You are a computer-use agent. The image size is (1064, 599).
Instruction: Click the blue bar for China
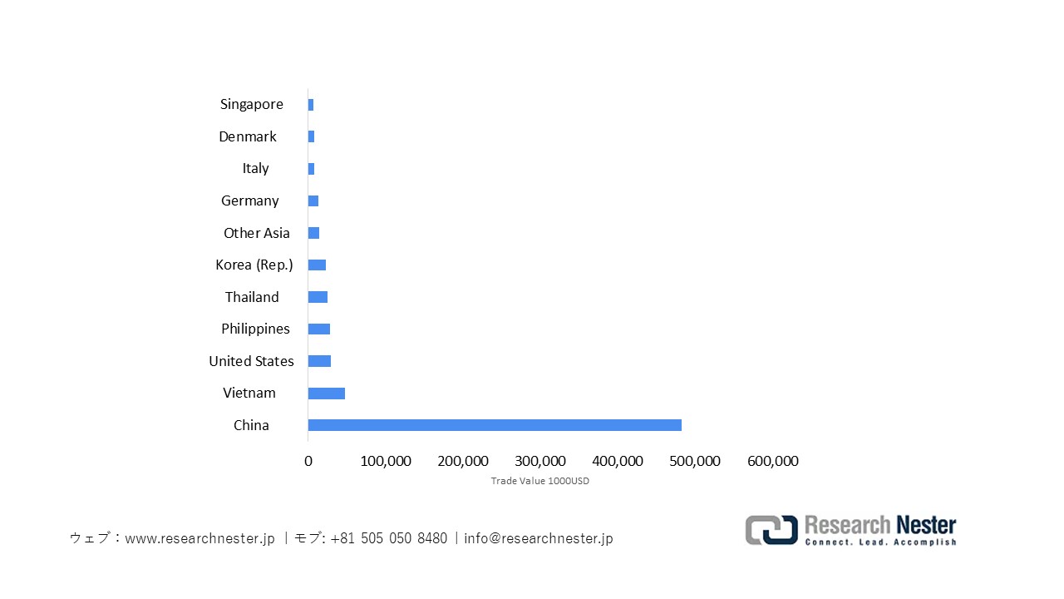click(x=495, y=425)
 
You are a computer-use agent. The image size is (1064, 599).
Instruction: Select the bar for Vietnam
click(x=327, y=394)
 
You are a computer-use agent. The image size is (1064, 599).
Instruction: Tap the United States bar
click(x=319, y=361)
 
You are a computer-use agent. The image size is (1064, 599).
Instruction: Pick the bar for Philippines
click(x=319, y=329)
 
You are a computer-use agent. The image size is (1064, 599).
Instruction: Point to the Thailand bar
click(x=318, y=297)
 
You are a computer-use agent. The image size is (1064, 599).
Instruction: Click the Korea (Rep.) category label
click(x=254, y=265)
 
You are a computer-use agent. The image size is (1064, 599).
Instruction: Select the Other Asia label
click(x=257, y=233)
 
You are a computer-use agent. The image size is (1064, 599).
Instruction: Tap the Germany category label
click(x=250, y=200)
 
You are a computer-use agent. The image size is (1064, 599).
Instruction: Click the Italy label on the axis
click(x=256, y=168)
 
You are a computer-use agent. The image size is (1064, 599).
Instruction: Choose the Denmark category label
click(x=248, y=136)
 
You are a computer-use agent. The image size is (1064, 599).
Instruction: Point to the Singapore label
click(x=252, y=104)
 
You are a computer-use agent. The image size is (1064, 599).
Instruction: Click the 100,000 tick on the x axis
click(x=386, y=461)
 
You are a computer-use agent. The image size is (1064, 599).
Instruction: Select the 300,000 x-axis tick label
click(x=540, y=461)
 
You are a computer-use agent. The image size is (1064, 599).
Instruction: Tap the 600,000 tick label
click(x=773, y=461)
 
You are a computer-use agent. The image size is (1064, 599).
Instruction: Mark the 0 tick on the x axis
click(x=308, y=461)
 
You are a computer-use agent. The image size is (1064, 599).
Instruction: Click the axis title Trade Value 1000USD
click(x=539, y=481)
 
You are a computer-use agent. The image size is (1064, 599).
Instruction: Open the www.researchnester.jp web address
click(x=199, y=538)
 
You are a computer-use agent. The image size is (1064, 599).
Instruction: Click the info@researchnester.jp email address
click(x=539, y=538)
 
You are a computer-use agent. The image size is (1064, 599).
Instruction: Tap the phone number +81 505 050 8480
click(x=388, y=538)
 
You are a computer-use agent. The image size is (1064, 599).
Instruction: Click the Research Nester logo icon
click(x=771, y=530)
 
